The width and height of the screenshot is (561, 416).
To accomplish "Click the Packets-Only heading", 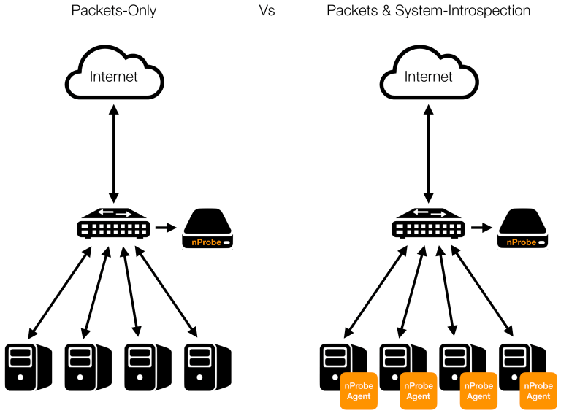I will coord(113,12).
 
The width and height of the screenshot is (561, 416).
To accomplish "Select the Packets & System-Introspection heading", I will coord(428,12).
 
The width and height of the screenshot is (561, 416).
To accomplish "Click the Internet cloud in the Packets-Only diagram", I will coord(113,76).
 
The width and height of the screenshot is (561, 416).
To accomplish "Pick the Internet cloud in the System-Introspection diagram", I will coord(428,76).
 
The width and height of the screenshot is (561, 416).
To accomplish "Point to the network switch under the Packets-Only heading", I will coord(114,224).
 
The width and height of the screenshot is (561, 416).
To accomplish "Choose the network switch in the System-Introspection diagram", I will coord(429,224).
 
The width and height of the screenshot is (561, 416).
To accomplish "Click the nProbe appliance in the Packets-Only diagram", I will coord(207,228).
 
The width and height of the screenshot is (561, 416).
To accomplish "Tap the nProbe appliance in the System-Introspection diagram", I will coord(522,228).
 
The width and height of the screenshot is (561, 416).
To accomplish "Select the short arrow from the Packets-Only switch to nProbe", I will coord(166,228).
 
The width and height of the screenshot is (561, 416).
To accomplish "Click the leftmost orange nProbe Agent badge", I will coord(359,390).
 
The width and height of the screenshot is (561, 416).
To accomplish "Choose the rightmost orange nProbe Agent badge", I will coord(538,390).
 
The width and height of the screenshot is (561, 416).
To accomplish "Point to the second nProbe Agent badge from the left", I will coord(419,390).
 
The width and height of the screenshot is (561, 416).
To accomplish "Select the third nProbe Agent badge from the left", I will coord(478,390).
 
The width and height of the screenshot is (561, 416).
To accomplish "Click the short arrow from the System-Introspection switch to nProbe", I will coord(481,228).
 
